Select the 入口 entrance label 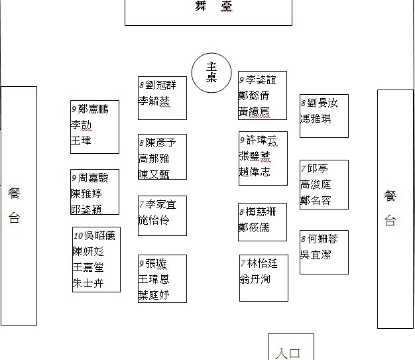click(x=290, y=353)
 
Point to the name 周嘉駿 click(x=93, y=178)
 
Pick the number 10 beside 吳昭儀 click(x=78, y=235)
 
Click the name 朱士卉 click(x=88, y=284)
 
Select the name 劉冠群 click(x=161, y=85)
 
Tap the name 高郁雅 click(x=154, y=158)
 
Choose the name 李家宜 click(x=161, y=204)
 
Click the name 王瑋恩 click(x=154, y=279)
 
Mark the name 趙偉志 click(x=255, y=172)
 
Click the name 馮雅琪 click(x=316, y=119)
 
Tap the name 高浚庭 click(x=316, y=185)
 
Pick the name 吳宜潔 click(x=316, y=255)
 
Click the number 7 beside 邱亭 click(x=303, y=169)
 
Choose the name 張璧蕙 click(x=255, y=156)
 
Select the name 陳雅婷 click(x=86, y=194)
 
